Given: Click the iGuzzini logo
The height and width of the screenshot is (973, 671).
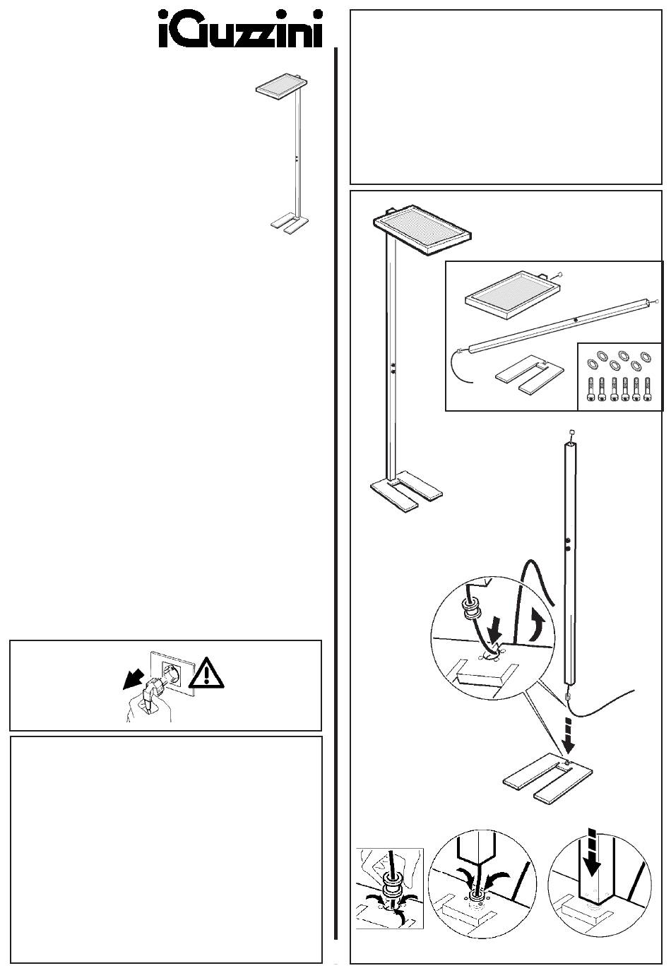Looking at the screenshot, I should [x=240, y=30].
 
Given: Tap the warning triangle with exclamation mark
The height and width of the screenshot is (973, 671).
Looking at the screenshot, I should [x=206, y=674].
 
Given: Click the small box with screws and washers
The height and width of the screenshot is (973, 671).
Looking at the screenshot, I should [x=620, y=376].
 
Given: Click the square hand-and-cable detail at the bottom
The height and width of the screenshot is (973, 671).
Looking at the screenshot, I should [x=389, y=888].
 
